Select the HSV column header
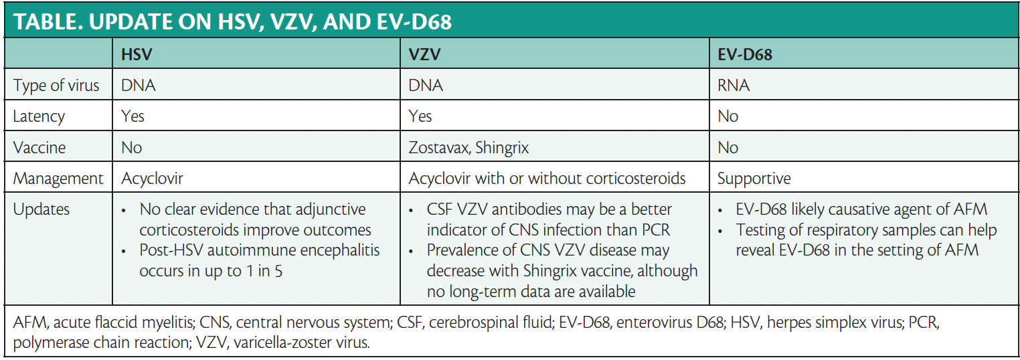coord(137,55)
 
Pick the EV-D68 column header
coord(744,55)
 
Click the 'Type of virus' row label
coord(56,86)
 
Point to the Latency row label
coord(39,116)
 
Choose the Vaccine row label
coord(39,147)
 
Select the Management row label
coord(58,179)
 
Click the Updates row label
coord(41,210)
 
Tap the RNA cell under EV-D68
coord(734,86)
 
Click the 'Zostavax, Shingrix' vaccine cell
coord(469,147)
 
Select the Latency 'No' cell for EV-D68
coord(728,116)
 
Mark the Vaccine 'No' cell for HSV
coord(131,147)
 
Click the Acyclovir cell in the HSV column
coord(153,179)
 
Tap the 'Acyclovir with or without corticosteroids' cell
coord(547,179)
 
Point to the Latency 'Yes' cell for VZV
coord(420,116)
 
